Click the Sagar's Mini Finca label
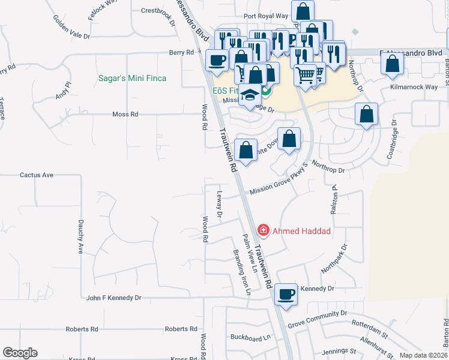[x=132, y=78]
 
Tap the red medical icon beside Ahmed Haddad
[x=262, y=230]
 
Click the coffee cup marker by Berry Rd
[x=217, y=60]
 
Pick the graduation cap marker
[x=250, y=96]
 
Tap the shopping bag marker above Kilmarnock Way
[x=392, y=65]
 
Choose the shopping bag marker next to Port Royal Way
[x=304, y=11]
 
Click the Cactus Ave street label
[x=37, y=175]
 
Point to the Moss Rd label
[x=125, y=114]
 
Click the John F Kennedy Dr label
[x=113, y=298]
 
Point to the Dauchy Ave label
[x=80, y=236]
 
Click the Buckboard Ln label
[x=251, y=338]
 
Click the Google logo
[x=20, y=353]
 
